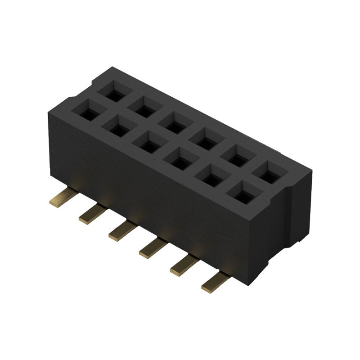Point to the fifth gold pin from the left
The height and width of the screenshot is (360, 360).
(x=183, y=265)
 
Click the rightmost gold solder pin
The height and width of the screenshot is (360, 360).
(x=215, y=283)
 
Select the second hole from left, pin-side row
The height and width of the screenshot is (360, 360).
(x=118, y=127)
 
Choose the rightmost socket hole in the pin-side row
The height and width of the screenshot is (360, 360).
(x=243, y=195)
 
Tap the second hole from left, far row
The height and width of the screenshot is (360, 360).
(x=144, y=108)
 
